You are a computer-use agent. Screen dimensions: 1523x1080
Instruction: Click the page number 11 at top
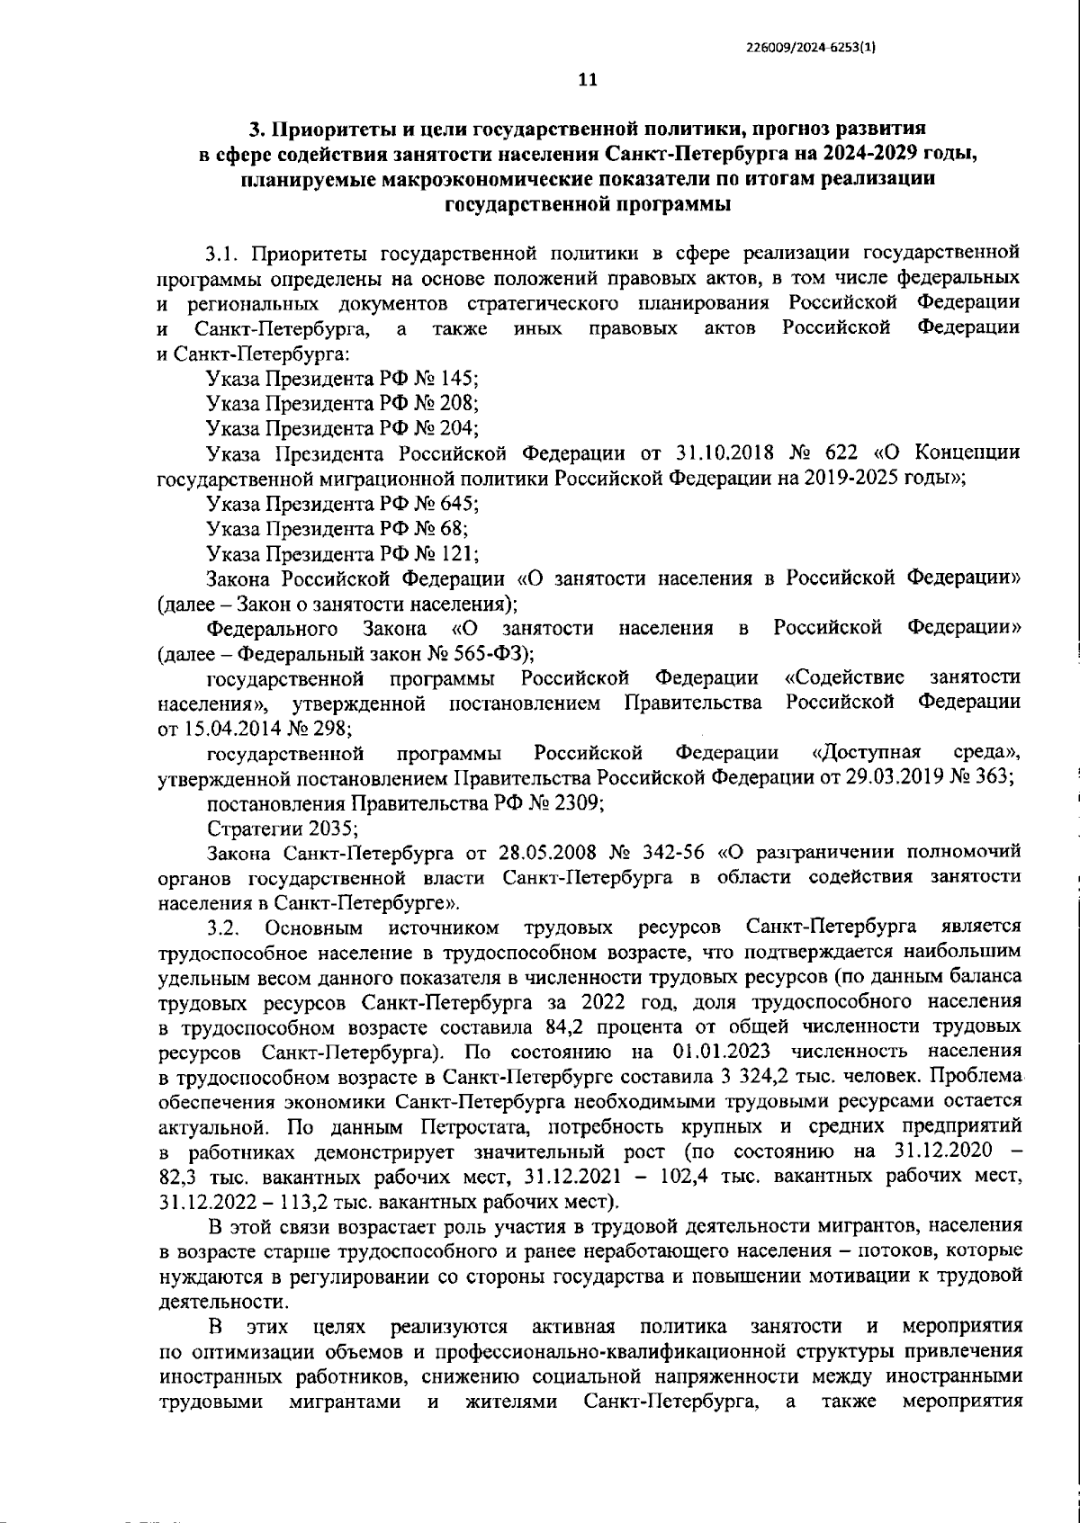pos(587,80)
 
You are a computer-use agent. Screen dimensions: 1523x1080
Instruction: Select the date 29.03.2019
pos(892,777)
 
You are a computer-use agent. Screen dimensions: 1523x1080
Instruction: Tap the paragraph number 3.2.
pos(221,927)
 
